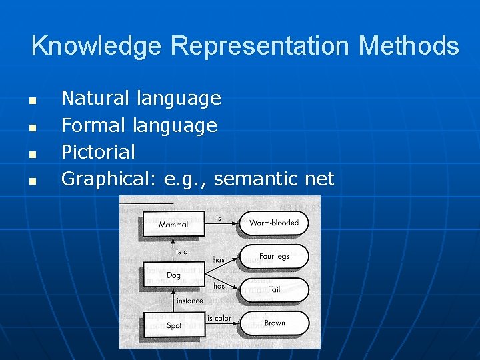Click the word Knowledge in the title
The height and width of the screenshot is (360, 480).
click(97, 47)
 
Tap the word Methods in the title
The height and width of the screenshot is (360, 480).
click(408, 47)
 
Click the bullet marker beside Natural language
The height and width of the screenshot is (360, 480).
click(31, 101)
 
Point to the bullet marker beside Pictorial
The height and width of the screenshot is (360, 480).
click(31, 154)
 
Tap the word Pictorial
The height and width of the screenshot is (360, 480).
click(98, 152)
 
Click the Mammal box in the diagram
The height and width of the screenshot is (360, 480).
click(173, 225)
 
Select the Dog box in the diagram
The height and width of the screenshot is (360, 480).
click(173, 275)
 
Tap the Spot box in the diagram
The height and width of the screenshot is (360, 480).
click(173, 325)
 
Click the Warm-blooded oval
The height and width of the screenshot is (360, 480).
click(274, 223)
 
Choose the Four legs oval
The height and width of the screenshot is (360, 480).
click(274, 256)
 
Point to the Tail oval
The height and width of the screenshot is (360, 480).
click(274, 289)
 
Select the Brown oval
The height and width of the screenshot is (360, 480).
click(274, 323)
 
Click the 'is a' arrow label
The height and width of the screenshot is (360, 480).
click(182, 252)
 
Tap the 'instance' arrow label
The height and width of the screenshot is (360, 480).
click(189, 301)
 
